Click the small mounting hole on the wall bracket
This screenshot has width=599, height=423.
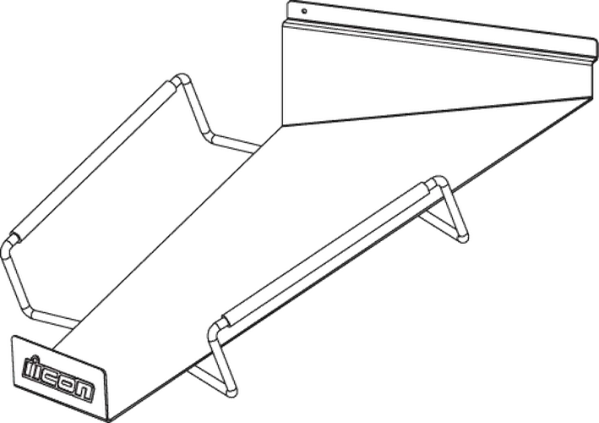(x=304, y=11)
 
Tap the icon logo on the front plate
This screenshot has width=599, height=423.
(x=58, y=378)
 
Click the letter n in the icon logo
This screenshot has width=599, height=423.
(x=84, y=392)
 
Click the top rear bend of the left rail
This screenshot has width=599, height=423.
(x=182, y=80)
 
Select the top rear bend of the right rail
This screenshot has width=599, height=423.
(x=439, y=183)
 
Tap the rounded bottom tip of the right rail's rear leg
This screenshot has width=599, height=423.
(x=463, y=237)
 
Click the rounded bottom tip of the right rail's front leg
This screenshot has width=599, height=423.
(x=231, y=391)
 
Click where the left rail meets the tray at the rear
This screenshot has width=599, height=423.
(x=257, y=149)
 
